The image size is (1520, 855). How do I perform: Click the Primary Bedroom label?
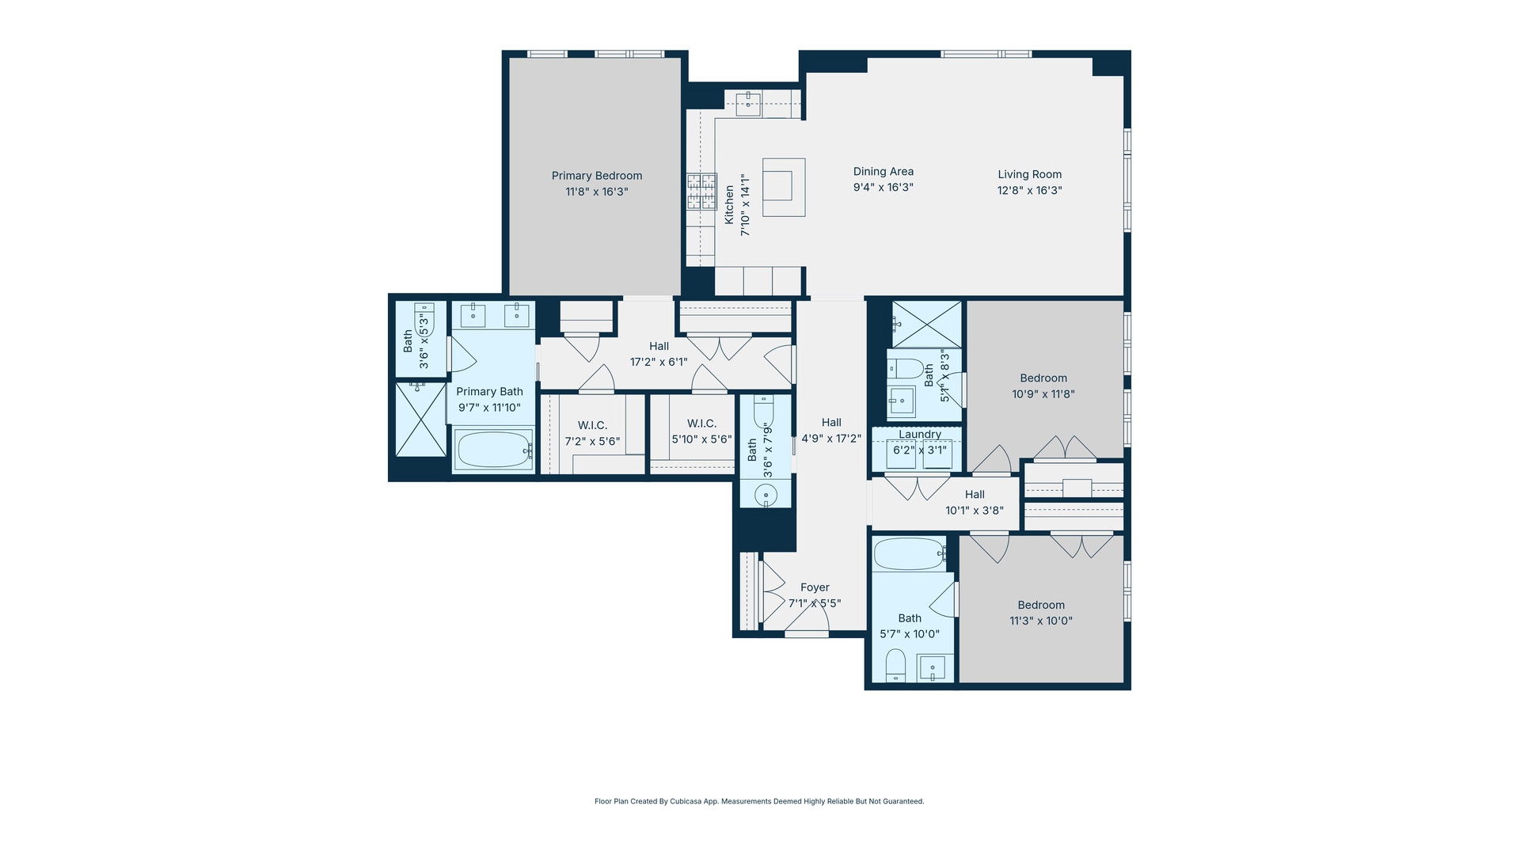click(x=597, y=176)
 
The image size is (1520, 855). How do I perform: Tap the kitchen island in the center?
click(x=784, y=188)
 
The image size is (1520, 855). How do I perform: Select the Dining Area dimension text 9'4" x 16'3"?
click(x=883, y=188)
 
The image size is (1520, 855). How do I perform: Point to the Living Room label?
click(x=1029, y=174)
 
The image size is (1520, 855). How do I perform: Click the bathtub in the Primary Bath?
click(x=493, y=450)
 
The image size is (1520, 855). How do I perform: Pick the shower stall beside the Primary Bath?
click(x=420, y=420)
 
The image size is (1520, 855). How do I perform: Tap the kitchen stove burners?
click(x=701, y=192)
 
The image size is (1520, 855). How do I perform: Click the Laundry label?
click(x=919, y=434)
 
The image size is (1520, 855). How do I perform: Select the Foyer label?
click(x=815, y=587)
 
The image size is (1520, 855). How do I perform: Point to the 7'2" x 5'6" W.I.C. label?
click(x=592, y=425)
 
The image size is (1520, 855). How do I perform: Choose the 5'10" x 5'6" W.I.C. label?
click(x=701, y=424)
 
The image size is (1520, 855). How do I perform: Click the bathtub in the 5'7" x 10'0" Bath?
click(x=909, y=554)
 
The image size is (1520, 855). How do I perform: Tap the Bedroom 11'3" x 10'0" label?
click(x=1040, y=605)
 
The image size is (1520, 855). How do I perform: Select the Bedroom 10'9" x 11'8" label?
click(x=1043, y=378)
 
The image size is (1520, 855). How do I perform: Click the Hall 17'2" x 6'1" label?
click(x=659, y=346)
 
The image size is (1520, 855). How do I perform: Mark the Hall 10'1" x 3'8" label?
click(x=975, y=494)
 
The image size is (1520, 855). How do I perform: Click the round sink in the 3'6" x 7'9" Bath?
click(x=766, y=496)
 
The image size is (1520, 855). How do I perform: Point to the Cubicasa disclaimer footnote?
click(x=759, y=801)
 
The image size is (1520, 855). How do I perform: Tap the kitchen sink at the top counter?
click(x=747, y=101)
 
